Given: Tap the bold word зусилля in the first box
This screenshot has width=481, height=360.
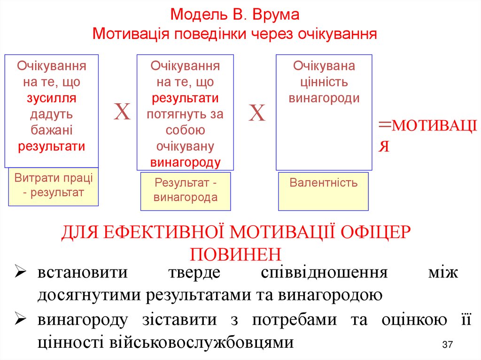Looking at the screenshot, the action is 51,98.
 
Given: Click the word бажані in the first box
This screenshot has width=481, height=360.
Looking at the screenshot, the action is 51,130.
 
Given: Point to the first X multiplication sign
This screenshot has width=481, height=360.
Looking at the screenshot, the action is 122,113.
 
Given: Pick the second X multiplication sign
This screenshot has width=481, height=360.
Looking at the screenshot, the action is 257,113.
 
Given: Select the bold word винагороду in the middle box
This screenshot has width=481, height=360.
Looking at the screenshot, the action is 185,162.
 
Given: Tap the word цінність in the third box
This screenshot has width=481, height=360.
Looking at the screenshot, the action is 324,82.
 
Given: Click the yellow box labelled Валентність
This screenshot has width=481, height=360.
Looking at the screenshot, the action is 324,191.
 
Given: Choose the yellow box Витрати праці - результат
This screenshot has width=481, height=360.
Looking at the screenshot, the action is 54,186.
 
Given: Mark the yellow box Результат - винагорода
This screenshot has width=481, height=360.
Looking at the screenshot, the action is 186,191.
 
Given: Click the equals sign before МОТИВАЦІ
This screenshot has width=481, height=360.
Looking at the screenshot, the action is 385,124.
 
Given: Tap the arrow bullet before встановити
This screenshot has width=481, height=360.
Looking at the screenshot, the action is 22,273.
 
